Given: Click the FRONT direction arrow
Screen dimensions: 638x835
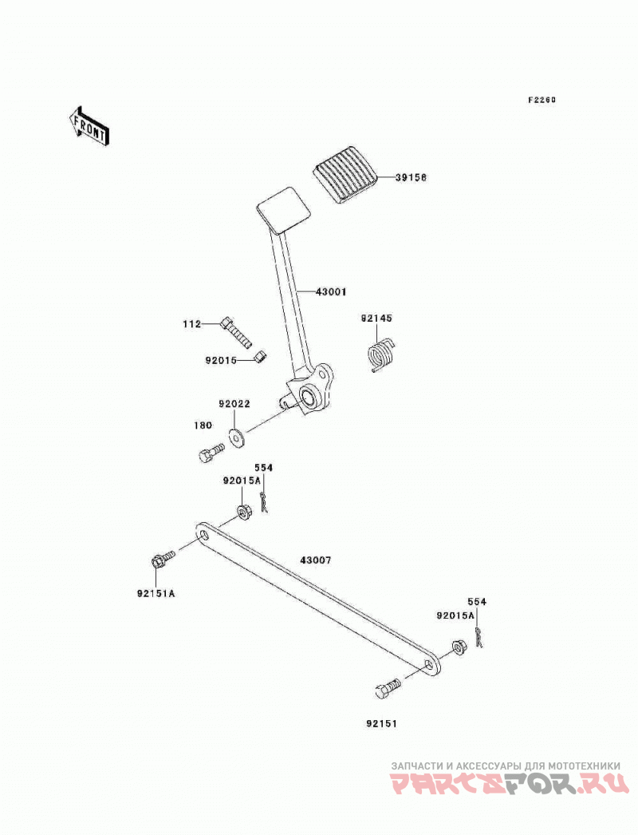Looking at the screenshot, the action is pyautogui.click(x=89, y=126).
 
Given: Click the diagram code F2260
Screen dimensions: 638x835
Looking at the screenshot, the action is pyautogui.click(x=542, y=100).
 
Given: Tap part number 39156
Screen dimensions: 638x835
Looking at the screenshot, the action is pyautogui.click(x=411, y=177).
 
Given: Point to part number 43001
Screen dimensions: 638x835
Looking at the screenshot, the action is pyautogui.click(x=331, y=292).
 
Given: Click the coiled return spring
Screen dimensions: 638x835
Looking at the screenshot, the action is pyautogui.click(x=381, y=354).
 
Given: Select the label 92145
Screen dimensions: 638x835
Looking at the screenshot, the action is pyautogui.click(x=376, y=319).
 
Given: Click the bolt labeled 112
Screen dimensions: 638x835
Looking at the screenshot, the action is pyautogui.click(x=235, y=331).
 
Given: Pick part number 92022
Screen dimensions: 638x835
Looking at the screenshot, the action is pyautogui.click(x=234, y=404).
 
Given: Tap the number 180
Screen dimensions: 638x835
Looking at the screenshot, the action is pyautogui.click(x=203, y=425).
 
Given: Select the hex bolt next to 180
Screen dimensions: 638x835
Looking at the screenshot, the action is pyautogui.click(x=211, y=453).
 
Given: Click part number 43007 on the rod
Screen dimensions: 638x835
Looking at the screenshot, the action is pyautogui.click(x=316, y=560).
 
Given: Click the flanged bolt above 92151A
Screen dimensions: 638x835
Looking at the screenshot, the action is pyautogui.click(x=163, y=559).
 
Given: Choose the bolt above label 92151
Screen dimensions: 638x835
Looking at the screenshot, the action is pyautogui.click(x=388, y=689).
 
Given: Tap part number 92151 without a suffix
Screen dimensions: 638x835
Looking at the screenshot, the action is pyautogui.click(x=381, y=724).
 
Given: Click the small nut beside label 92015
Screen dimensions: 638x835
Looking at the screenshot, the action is pyautogui.click(x=260, y=356).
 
